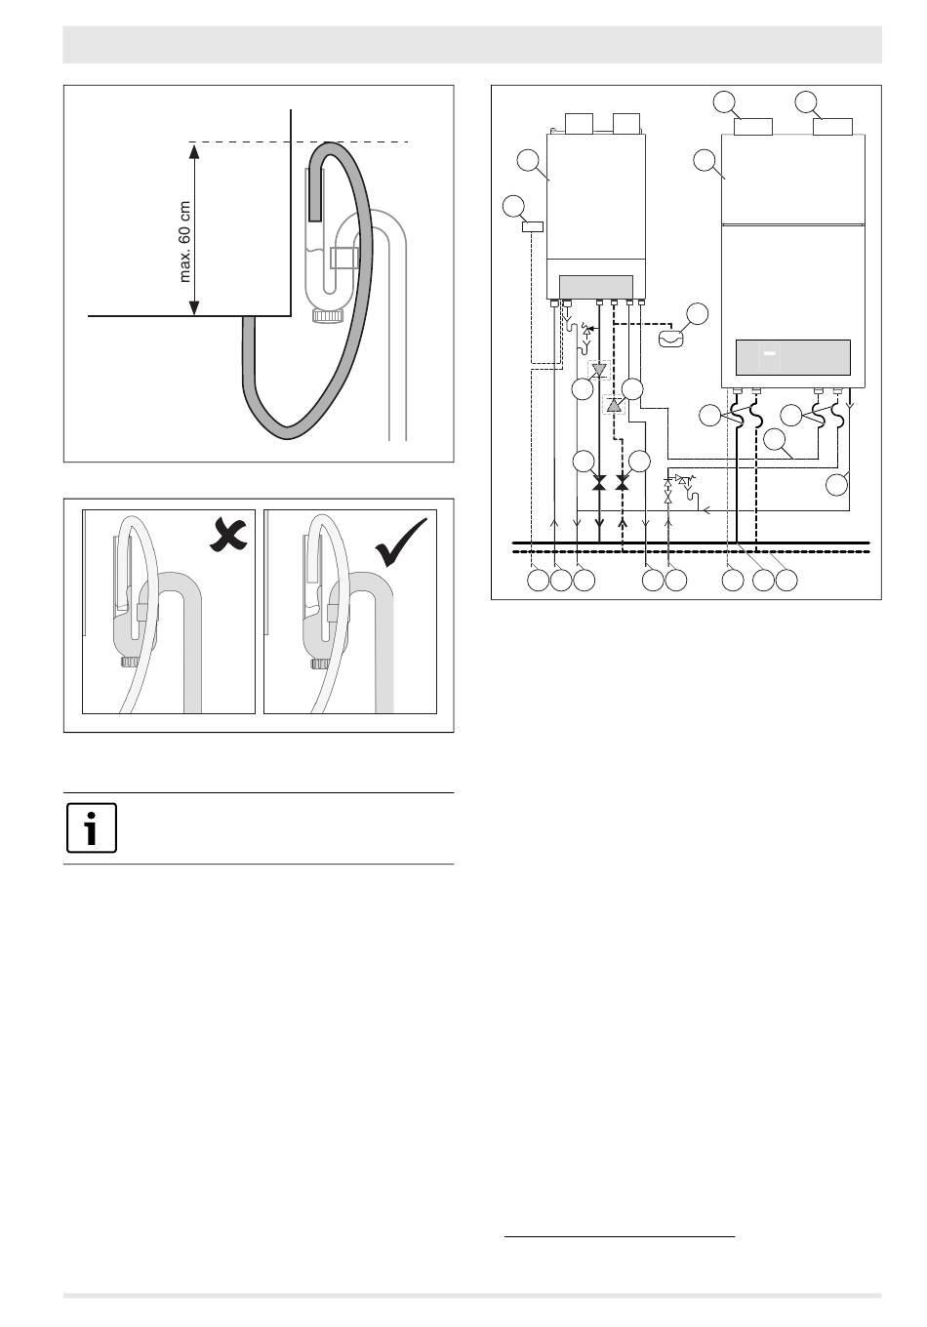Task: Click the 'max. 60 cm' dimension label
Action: point(185,242)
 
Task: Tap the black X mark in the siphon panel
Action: point(228,535)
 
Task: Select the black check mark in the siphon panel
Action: point(401,542)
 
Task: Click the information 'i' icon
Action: point(92,827)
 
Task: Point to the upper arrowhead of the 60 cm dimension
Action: point(193,150)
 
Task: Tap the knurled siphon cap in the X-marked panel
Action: point(130,662)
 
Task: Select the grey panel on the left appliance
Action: point(596,287)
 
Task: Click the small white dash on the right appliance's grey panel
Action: point(769,353)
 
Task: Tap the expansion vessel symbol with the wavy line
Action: point(671,338)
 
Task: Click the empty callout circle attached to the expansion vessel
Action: point(697,314)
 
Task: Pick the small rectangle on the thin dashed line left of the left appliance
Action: point(533,226)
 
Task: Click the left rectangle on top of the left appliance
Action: point(580,123)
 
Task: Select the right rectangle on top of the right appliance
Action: point(832,127)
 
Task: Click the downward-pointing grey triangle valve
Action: point(599,371)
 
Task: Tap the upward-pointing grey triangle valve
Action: point(614,405)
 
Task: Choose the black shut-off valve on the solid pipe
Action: point(599,482)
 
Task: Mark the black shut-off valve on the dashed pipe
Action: point(622,482)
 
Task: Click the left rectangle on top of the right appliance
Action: point(753,127)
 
